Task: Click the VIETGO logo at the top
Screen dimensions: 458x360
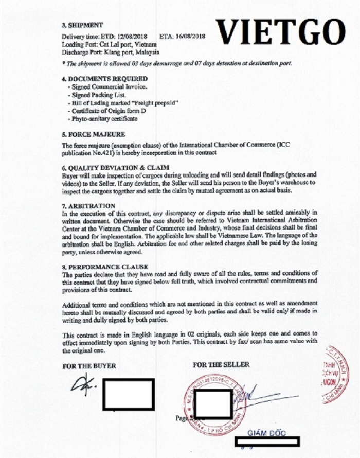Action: (x=281, y=31)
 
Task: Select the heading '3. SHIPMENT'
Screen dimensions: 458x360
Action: (x=82, y=25)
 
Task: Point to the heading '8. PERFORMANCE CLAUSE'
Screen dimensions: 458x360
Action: (x=102, y=267)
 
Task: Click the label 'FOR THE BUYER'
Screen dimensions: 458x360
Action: (x=88, y=366)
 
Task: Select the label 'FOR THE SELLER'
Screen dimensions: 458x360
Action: (x=221, y=364)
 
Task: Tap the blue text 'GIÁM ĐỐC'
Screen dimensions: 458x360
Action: (x=265, y=432)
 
